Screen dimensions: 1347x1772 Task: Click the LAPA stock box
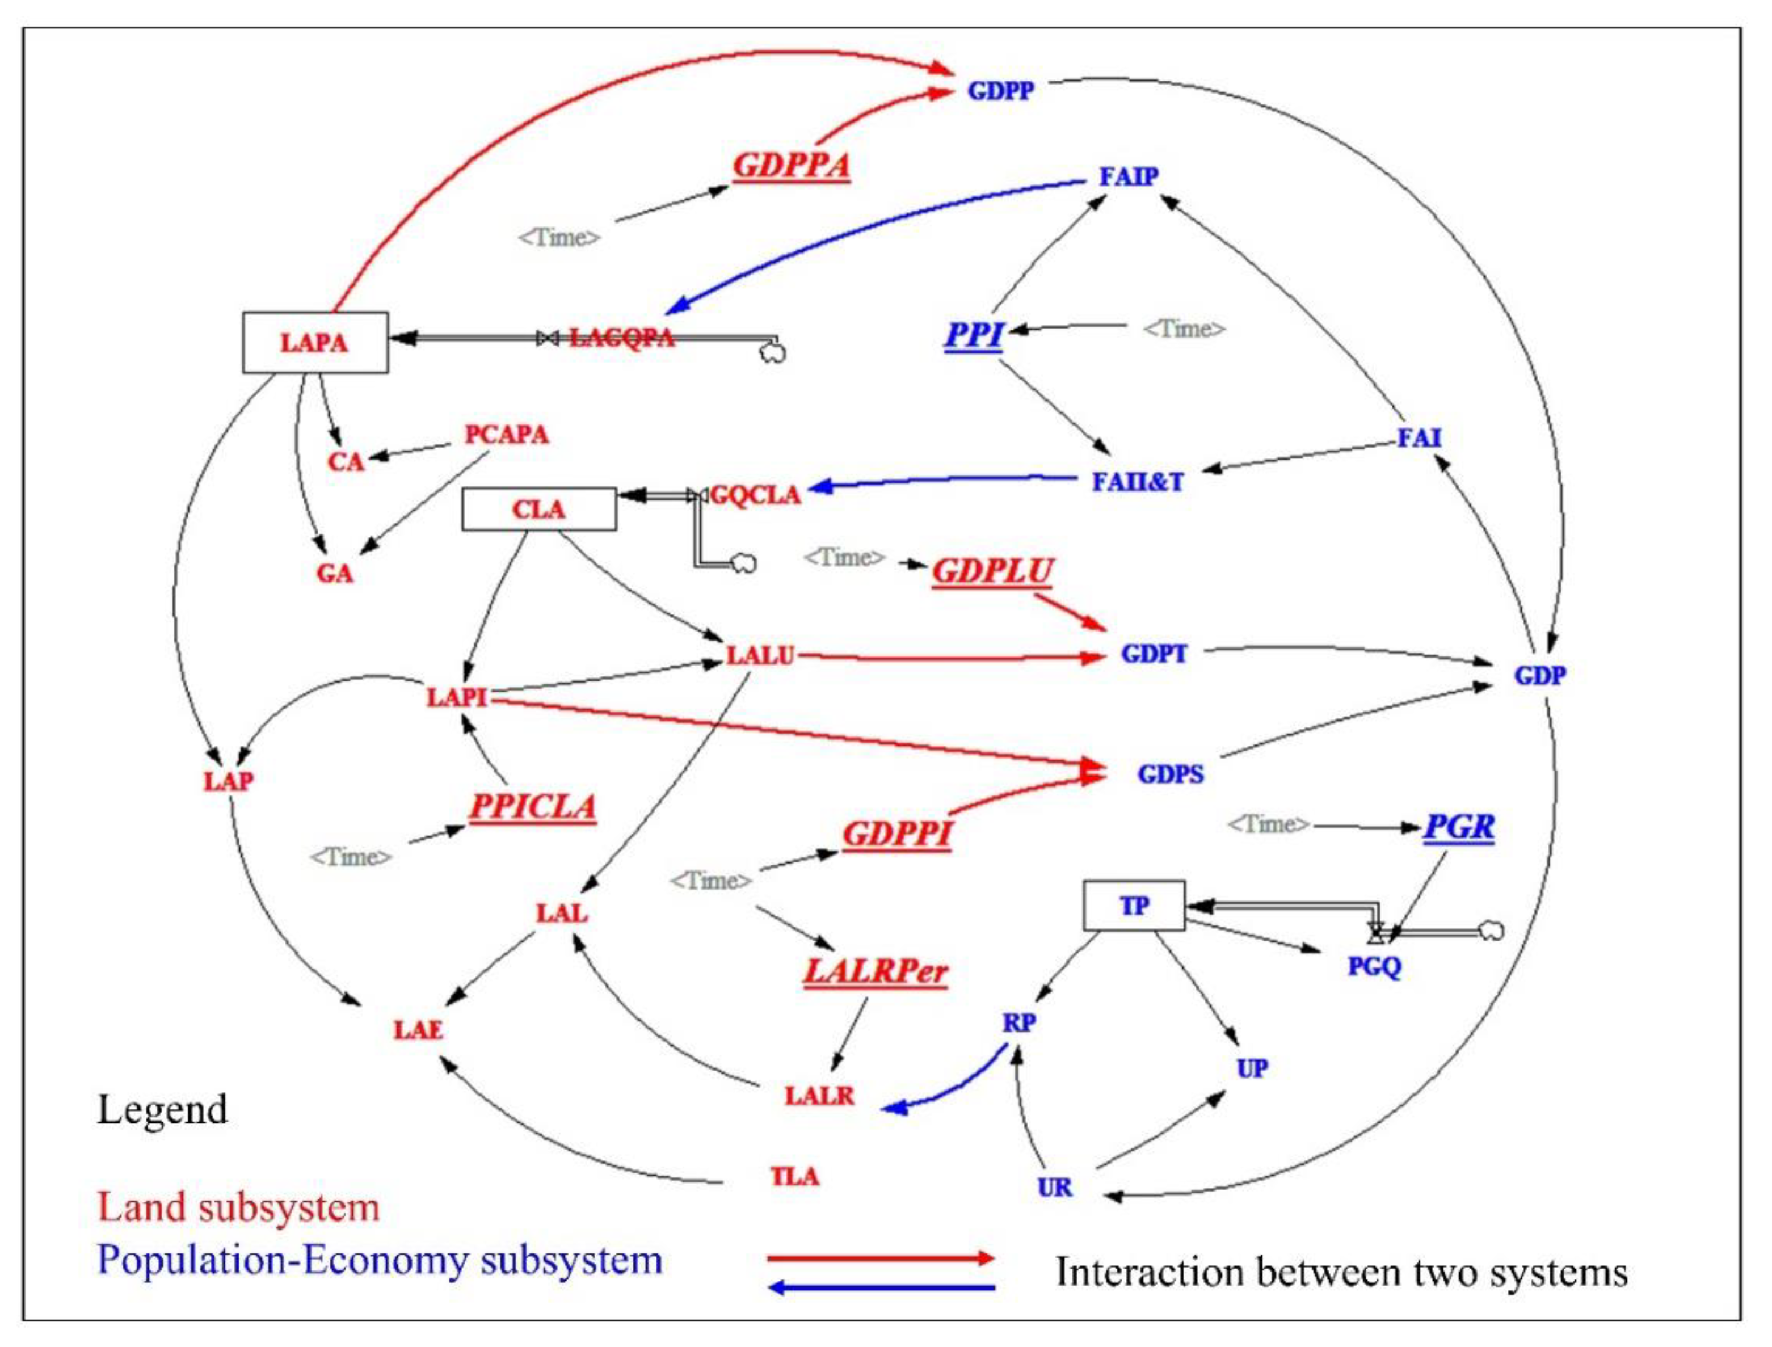coord(315,342)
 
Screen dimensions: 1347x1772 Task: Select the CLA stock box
coord(539,509)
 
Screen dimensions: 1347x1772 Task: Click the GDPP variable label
coord(1001,91)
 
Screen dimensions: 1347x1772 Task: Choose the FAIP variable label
coord(1128,175)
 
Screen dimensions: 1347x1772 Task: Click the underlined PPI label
coord(974,334)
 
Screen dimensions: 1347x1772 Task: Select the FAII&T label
coord(1137,481)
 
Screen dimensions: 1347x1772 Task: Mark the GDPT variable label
coord(1153,654)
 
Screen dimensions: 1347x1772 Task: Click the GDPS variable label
coord(1170,774)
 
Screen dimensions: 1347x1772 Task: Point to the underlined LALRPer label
coord(876,972)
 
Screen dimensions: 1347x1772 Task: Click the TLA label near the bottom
coord(794,1176)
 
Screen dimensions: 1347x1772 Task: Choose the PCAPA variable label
coord(507,435)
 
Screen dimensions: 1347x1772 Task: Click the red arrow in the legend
coord(881,1258)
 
